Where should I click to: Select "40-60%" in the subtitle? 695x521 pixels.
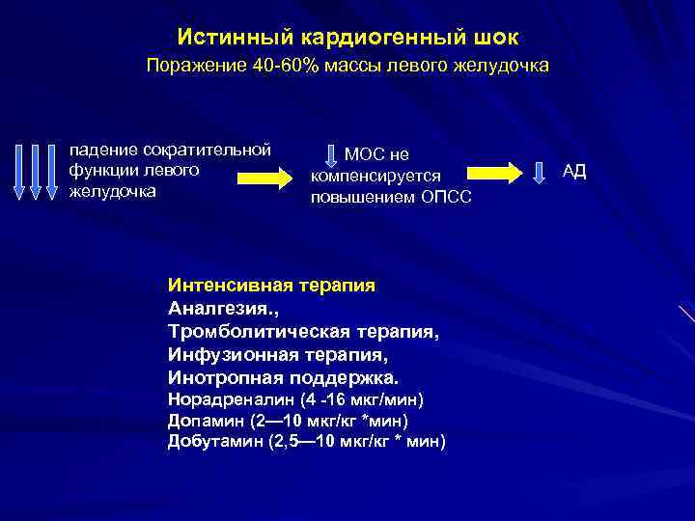pyautogui.click(x=310, y=67)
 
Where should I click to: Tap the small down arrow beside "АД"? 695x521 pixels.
pyautogui.click(x=541, y=173)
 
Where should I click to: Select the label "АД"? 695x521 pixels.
pyautogui.click(x=574, y=172)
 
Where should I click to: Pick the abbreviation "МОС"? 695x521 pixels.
pyautogui.click(x=364, y=154)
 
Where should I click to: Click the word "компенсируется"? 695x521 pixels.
pyautogui.click(x=375, y=176)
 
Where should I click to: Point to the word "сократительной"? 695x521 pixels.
pyautogui.click(x=206, y=151)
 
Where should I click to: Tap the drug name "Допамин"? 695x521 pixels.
pyautogui.click(x=206, y=421)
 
